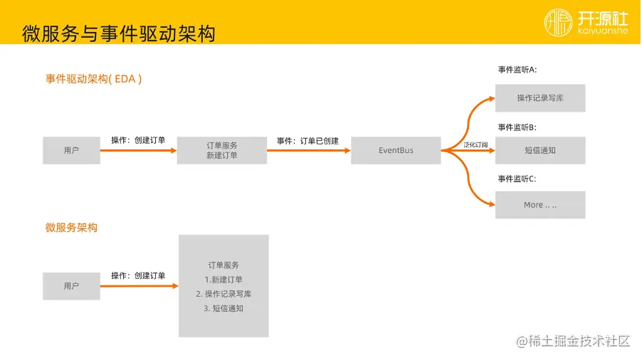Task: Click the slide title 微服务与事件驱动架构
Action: [x=119, y=33]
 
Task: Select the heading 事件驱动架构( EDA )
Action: [x=94, y=79]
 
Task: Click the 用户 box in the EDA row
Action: [x=71, y=150]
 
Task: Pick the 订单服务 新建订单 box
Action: [x=222, y=150]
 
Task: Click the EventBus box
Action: [x=396, y=150]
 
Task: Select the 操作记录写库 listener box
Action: [x=540, y=98]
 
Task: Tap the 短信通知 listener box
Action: [x=540, y=150]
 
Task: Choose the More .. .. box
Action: [x=540, y=205]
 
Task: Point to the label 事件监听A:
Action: [x=517, y=70]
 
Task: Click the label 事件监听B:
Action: [x=517, y=127]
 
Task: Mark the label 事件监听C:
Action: [x=517, y=179]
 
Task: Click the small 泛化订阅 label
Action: [x=475, y=145]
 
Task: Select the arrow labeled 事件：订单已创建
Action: [x=309, y=150]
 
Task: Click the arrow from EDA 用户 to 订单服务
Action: [x=138, y=150]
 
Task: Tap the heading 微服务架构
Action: [x=71, y=228]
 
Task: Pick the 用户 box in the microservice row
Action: [x=71, y=286]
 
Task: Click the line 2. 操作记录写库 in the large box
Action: [x=223, y=294]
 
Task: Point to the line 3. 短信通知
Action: [x=223, y=309]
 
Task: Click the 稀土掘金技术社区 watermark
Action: [x=574, y=341]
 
